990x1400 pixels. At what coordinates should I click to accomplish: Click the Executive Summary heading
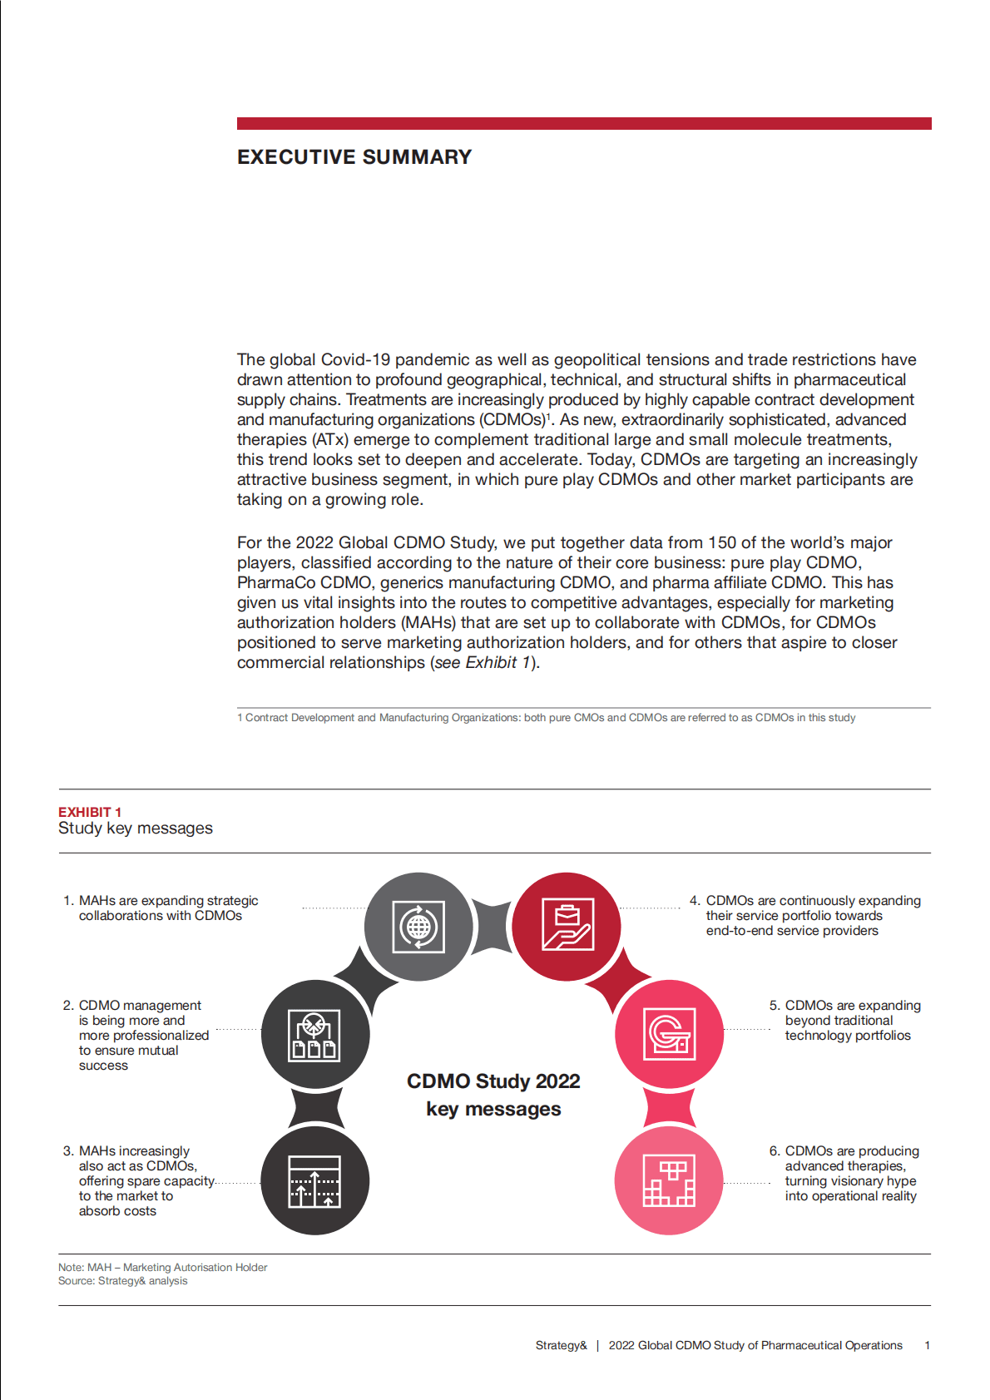point(354,157)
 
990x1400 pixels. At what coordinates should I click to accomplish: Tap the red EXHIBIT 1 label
point(90,812)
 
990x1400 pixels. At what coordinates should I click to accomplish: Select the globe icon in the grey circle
point(418,926)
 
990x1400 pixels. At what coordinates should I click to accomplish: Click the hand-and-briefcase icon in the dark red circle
point(567,925)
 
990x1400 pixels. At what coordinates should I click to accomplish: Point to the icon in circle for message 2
point(314,1035)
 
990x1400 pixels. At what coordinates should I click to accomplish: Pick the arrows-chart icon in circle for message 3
point(314,1181)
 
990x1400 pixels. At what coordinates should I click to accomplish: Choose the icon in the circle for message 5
point(670,1035)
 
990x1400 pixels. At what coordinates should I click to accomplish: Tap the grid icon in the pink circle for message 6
point(669,1180)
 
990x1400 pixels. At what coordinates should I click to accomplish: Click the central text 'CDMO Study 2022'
point(493,1081)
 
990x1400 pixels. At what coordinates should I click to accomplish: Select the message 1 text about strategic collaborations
point(167,908)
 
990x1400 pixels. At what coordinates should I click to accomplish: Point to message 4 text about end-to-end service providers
point(813,916)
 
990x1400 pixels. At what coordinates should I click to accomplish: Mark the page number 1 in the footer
point(927,1345)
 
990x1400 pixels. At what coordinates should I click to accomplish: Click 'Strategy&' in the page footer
point(561,1345)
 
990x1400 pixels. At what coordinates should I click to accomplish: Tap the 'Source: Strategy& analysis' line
point(123,1281)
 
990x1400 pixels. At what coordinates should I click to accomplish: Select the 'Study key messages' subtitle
point(136,829)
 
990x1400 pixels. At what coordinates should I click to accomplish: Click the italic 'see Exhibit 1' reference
point(482,663)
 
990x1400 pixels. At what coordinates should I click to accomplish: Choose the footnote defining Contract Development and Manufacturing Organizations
point(547,718)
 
